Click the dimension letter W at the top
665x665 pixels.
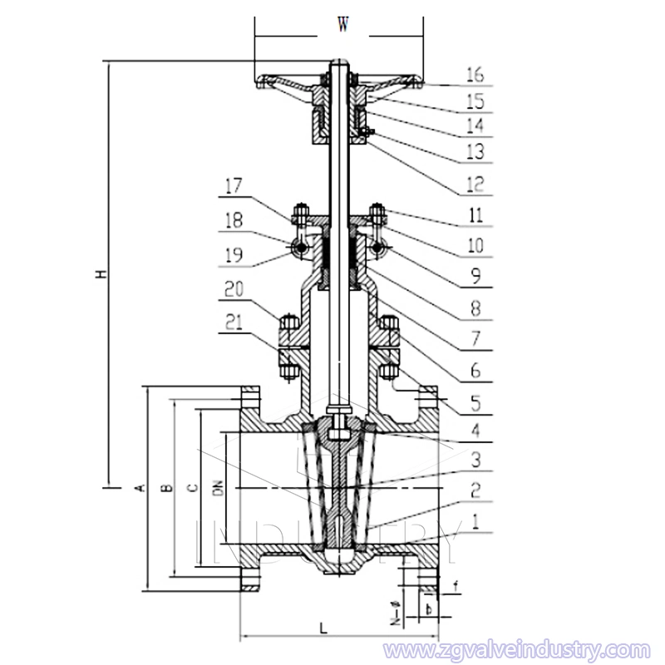[x=342, y=25]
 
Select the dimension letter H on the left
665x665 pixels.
[x=101, y=273]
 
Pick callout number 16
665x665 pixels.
[x=475, y=75]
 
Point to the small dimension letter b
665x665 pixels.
[x=427, y=609]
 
